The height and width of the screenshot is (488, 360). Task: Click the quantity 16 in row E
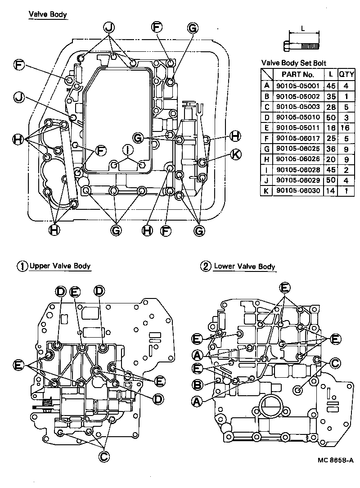pyautogui.click(x=346, y=128)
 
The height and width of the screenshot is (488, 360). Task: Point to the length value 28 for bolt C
pyautogui.click(x=331, y=107)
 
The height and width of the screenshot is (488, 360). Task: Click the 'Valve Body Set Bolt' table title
pyautogui.click(x=293, y=63)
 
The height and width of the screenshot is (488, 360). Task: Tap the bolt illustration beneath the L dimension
pyautogui.click(x=302, y=45)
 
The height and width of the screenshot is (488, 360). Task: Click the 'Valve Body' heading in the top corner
pyautogui.click(x=48, y=15)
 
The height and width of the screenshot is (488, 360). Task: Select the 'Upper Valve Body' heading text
pyautogui.click(x=60, y=266)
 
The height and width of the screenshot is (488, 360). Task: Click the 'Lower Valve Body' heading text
pyautogui.click(x=244, y=267)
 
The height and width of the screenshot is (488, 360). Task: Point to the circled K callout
pyautogui.click(x=235, y=154)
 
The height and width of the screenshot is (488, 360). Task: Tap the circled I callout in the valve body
pyautogui.click(x=128, y=149)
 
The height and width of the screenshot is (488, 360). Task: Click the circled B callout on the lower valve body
pyautogui.click(x=197, y=385)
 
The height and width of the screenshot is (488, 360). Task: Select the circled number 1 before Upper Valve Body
pyautogui.click(x=22, y=266)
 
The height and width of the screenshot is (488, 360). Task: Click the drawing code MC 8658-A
pyautogui.click(x=335, y=460)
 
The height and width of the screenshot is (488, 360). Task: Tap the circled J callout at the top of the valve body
pyautogui.click(x=108, y=27)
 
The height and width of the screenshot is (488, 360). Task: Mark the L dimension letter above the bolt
pyautogui.click(x=303, y=28)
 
